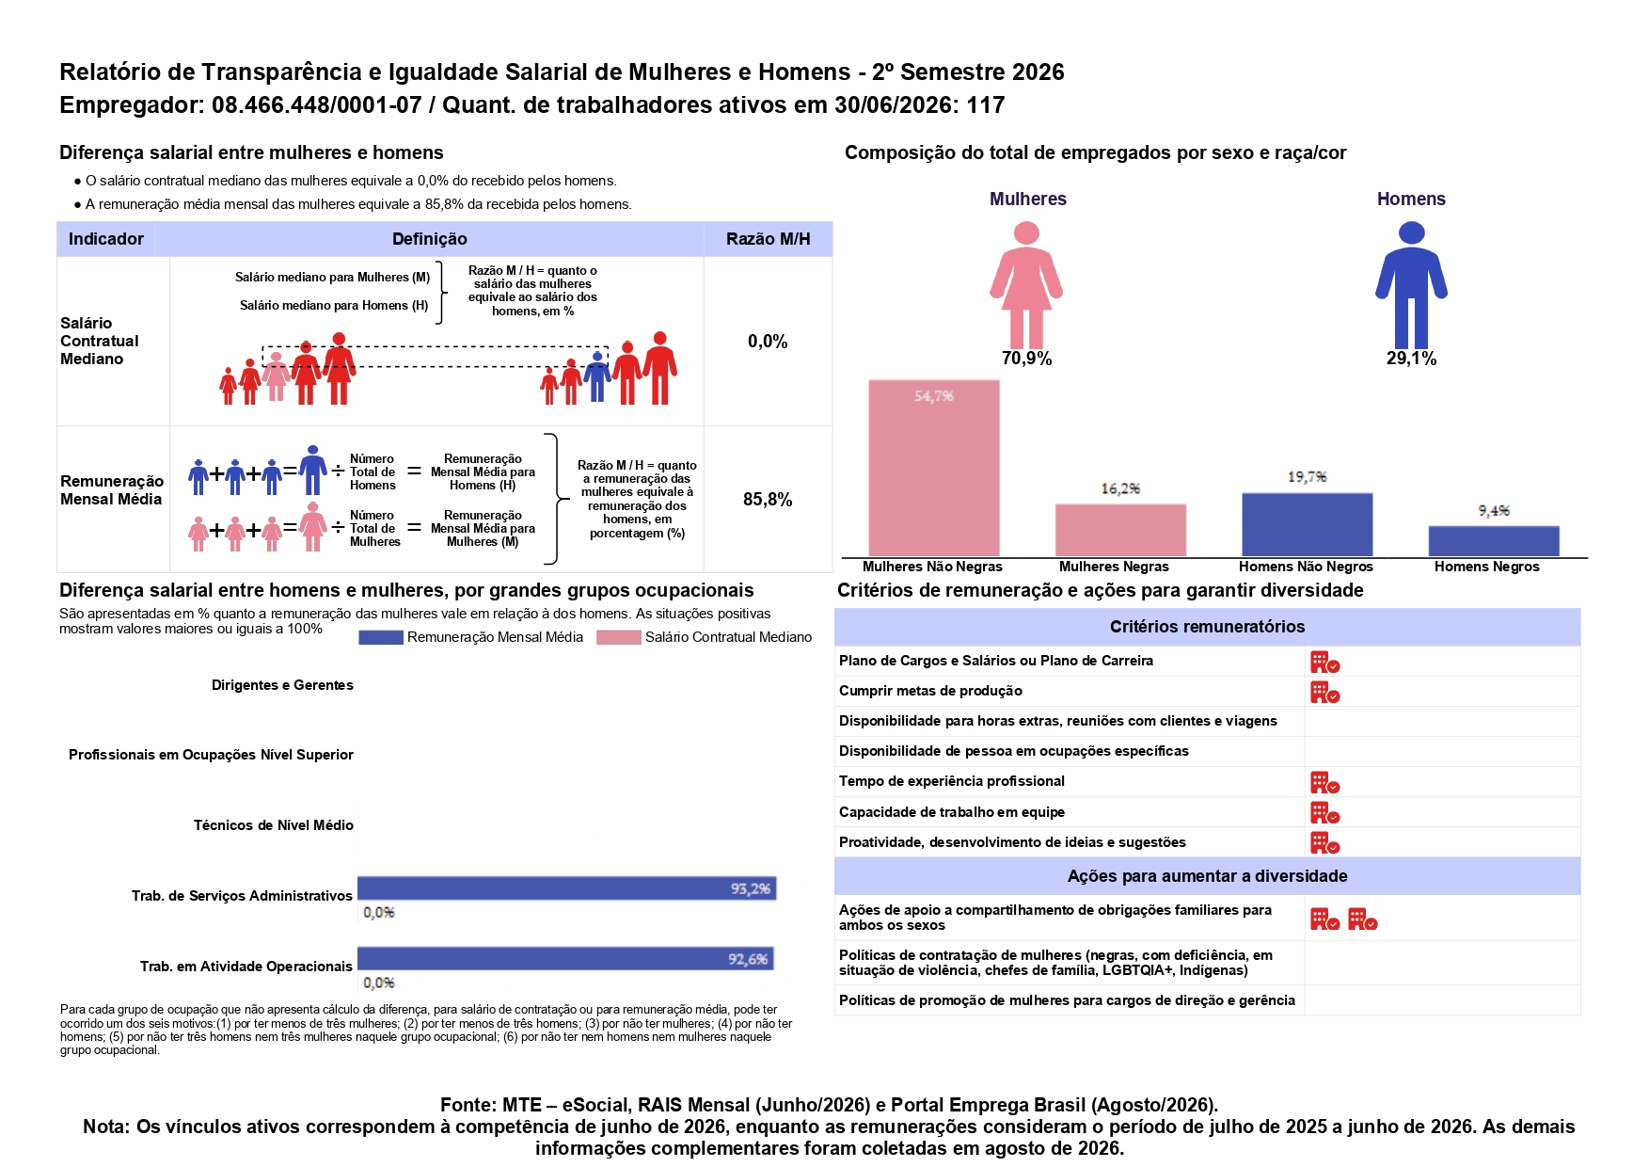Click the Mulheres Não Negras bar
[933, 468]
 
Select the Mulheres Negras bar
[1120, 531]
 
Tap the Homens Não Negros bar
[1307, 525]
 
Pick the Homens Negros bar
[1494, 541]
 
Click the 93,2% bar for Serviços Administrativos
[566, 887]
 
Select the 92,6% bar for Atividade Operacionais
[565, 958]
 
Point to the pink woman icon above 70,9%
[1026, 285]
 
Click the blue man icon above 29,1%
[1411, 285]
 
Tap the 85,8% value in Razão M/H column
[768, 500]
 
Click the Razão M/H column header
[768, 239]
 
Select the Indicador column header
[106, 239]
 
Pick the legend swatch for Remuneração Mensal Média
[381, 637]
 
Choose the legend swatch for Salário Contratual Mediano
[618, 637]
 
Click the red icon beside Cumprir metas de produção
[1324, 693]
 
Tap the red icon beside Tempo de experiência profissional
[1324, 783]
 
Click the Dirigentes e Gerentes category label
[282, 685]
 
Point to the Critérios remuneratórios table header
[1207, 627]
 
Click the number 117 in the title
[986, 104]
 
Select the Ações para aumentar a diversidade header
[1207, 876]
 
